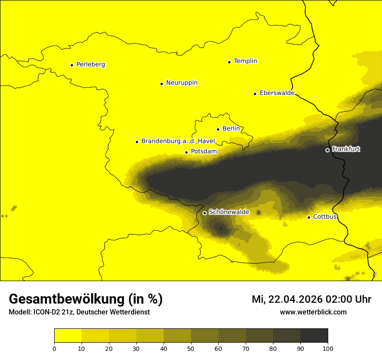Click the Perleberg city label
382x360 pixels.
coord(90,65)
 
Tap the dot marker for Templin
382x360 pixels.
coord(229,62)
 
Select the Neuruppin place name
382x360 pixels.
coord(181,83)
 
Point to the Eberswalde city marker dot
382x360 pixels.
coord(255,94)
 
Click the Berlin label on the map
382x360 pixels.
coord(231,129)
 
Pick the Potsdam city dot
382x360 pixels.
coord(186,152)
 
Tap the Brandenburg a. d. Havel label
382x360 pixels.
coord(178,141)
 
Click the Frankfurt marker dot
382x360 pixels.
coord(327,150)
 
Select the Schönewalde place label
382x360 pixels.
coord(229,212)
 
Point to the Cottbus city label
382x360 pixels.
coord(325,216)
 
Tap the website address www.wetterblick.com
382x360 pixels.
coord(313,312)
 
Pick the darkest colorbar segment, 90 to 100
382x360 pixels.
coord(314,336)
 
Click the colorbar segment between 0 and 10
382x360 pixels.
coord(68,336)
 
